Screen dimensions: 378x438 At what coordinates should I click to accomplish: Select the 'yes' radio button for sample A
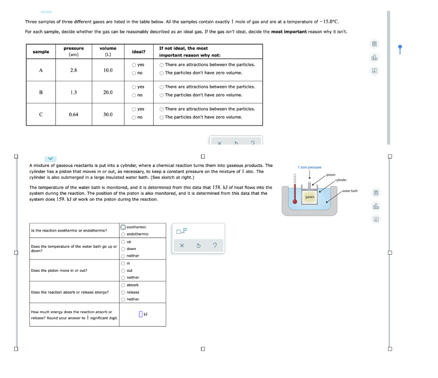pos(134,65)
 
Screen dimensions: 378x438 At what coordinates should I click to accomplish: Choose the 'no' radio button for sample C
pos(134,117)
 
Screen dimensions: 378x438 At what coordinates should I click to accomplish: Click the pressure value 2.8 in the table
pos(74,70)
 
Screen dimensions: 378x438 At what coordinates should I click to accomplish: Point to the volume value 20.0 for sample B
pos(108,92)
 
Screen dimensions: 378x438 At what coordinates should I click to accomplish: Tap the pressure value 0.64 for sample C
pos(74,115)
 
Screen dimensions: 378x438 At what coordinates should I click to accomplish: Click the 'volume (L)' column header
pos(108,51)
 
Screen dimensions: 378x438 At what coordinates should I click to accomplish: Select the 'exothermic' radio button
pos(123,227)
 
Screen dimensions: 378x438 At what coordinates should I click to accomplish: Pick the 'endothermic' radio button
pos(123,234)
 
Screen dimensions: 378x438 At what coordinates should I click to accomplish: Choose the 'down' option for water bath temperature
pos(123,249)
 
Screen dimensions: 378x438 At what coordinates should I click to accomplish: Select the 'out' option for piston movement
pos(123,271)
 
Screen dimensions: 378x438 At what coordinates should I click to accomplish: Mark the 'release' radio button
pos(123,292)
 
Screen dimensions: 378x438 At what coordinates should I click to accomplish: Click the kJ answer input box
pos(140,315)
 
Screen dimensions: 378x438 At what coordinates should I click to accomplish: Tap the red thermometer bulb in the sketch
pos(295,202)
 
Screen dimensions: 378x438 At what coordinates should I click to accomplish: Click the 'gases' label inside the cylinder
pos(310,197)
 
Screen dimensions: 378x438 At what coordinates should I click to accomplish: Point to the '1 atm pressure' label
pos(309,167)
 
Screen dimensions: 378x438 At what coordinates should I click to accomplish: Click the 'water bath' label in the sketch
pos(350,191)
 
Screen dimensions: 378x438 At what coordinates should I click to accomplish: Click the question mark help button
pos(215,246)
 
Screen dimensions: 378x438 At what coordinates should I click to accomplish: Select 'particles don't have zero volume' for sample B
pos(162,95)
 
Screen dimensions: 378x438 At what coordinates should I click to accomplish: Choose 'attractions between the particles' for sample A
pos(162,65)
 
